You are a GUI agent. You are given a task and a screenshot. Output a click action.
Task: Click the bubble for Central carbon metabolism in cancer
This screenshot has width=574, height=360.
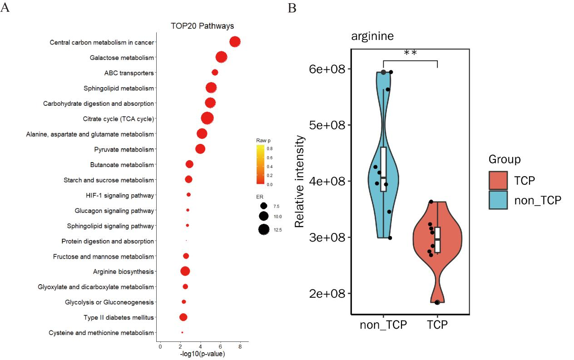[235, 42]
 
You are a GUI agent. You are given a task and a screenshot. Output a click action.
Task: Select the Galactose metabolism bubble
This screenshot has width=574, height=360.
[222, 57]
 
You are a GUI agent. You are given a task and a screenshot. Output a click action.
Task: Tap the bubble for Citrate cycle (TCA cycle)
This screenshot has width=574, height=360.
[207, 118]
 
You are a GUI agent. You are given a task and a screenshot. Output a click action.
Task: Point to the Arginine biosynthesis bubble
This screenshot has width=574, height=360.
[185, 271]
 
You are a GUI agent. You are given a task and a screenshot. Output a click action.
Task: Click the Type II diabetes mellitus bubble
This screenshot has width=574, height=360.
[183, 317]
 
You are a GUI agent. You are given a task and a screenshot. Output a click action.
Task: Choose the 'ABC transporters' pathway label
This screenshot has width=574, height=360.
[129, 73]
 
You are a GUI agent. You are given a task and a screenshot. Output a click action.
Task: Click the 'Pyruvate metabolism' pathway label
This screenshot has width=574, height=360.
[124, 149]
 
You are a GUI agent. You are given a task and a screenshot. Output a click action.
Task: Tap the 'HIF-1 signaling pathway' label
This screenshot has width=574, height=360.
[119, 195]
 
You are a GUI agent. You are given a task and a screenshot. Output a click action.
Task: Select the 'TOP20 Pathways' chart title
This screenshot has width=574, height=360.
[202, 26]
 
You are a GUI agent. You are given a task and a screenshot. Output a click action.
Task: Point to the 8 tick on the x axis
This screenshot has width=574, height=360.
[240, 347]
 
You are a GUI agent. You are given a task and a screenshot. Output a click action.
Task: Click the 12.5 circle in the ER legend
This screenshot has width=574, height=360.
[264, 230]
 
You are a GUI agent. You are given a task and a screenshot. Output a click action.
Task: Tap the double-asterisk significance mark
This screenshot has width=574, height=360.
[410, 53]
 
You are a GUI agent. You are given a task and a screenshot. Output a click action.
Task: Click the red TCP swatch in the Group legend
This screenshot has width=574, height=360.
[498, 180]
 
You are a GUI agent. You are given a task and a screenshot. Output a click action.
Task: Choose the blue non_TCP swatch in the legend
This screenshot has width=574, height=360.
[498, 200]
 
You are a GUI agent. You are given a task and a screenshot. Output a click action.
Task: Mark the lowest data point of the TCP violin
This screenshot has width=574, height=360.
[437, 302]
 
